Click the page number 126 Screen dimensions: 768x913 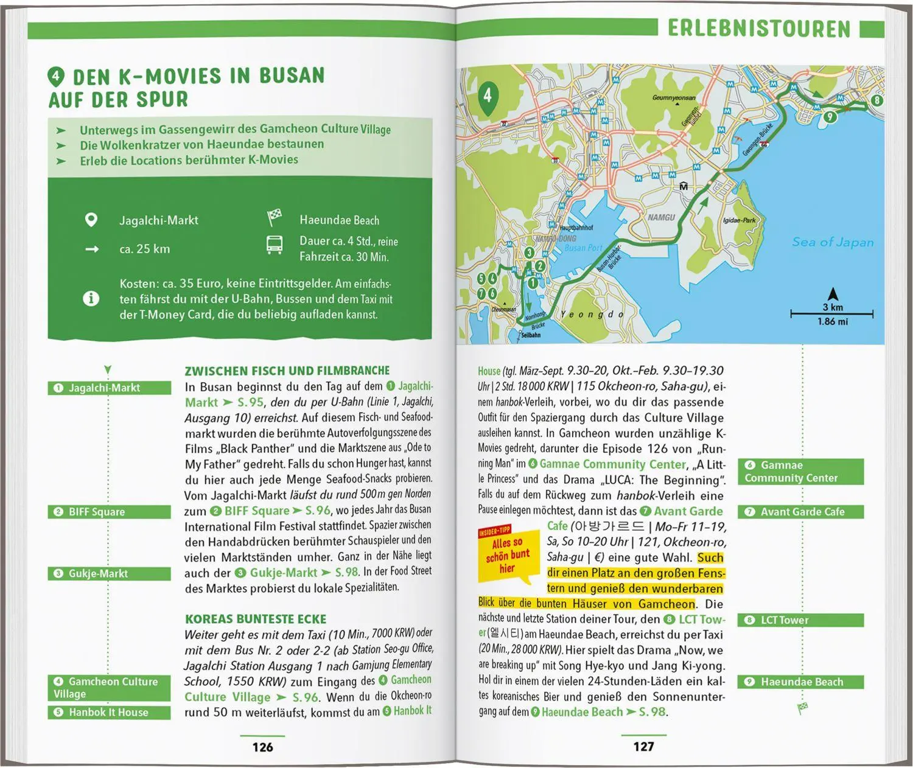point(262,747)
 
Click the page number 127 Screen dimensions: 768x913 point(643,747)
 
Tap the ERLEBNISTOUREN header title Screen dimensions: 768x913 point(758,29)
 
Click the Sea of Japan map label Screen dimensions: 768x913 point(832,242)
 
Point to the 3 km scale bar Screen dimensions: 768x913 point(831,314)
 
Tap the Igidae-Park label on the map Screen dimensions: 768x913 point(739,220)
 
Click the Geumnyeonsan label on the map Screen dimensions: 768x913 point(673,97)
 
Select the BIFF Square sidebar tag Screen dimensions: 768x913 point(109,512)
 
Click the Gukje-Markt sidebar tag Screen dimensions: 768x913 point(109,573)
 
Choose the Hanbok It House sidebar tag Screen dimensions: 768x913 point(109,712)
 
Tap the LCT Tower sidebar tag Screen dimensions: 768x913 point(800,620)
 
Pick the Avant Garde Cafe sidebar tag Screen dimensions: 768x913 point(800,512)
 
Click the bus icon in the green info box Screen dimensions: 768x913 point(275,245)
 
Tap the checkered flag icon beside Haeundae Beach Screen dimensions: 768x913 point(275,217)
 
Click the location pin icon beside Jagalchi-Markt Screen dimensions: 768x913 point(91,220)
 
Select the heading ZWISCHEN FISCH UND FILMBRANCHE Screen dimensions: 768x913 point(287,371)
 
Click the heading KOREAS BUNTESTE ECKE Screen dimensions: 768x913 point(256,619)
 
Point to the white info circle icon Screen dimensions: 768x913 point(91,299)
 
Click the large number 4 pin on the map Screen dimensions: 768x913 point(487,97)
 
